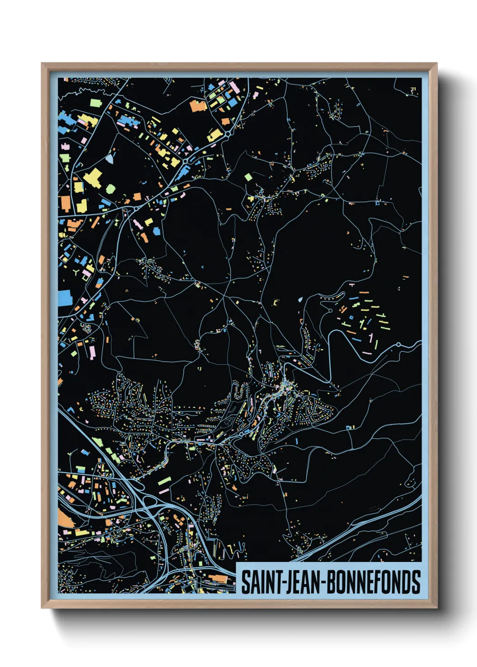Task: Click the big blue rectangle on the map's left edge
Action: [64, 298]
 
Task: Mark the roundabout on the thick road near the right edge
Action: [399, 345]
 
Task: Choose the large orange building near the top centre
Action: [198, 106]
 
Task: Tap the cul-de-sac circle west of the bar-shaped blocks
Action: [300, 299]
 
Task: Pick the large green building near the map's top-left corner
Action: [95, 103]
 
